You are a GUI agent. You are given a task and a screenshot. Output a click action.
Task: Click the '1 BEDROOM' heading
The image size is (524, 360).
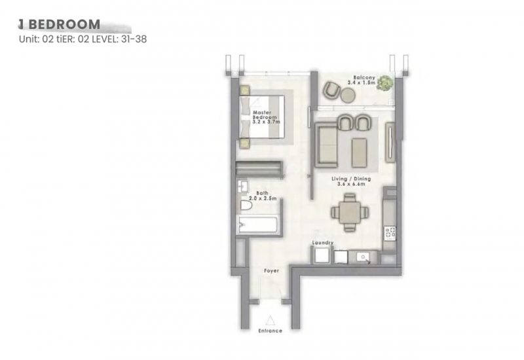click(59, 24)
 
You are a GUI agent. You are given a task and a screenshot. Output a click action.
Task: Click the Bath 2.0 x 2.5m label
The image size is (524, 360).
click(263, 196)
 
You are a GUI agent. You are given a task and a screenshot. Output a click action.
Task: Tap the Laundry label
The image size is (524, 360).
click(322, 243)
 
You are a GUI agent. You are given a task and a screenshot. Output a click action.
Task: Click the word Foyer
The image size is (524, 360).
click(271, 270)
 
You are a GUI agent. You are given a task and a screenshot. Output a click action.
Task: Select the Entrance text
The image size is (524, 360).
click(270, 331)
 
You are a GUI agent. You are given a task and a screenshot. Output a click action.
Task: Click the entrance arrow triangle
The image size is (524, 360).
click(270, 321)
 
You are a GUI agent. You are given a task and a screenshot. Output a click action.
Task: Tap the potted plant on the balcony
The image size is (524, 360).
click(384, 82)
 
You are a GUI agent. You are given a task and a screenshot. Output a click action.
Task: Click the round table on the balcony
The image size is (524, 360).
click(348, 95)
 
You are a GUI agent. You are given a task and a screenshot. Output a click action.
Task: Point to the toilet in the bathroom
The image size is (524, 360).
click(246, 206)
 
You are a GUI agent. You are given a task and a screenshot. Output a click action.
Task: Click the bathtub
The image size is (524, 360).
click(258, 225)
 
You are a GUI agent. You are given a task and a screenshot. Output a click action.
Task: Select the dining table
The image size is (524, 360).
click(350, 212)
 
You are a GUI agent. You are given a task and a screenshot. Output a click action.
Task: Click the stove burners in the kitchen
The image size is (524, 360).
click(390, 233)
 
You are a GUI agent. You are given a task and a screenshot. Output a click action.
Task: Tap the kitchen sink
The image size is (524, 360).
click(363, 257)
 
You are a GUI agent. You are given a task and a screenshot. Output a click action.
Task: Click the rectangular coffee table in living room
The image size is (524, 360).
click(359, 153)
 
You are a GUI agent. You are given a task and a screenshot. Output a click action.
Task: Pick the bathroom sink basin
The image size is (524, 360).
click(242, 187)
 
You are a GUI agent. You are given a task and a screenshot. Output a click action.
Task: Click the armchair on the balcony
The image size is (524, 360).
click(331, 90)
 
